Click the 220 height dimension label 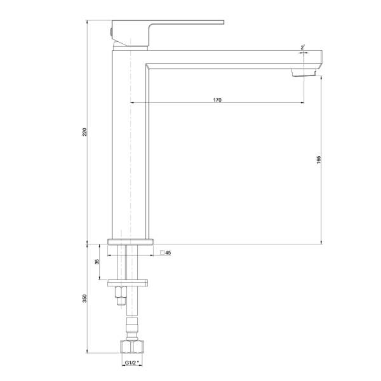click(84, 132)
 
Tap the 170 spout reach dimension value click(217, 100)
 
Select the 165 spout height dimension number click(319, 160)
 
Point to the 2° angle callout click(302, 48)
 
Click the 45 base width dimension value click(168, 253)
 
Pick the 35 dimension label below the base click(97, 262)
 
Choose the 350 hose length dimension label click(84, 298)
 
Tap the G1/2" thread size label click(132, 363)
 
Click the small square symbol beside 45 click(162, 253)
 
